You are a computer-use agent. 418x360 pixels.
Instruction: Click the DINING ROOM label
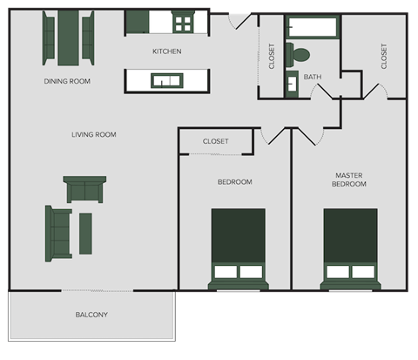[x=67, y=81]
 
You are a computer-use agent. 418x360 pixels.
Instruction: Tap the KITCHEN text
[x=166, y=51]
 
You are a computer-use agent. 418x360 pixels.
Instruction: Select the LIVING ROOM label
[x=93, y=134]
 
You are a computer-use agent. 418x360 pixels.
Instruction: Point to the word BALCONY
[x=91, y=315]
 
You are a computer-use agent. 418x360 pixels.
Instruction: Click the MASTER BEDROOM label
[x=349, y=180]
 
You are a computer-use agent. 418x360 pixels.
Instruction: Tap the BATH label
[x=312, y=77]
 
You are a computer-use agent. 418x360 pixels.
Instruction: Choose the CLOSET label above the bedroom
[x=215, y=141]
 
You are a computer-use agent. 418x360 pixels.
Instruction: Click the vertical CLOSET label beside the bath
[x=272, y=56]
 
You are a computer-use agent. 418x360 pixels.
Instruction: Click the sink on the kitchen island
[x=165, y=81]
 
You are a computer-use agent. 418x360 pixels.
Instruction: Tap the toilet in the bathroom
[x=299, y=54]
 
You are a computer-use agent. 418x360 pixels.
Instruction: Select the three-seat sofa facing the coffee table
[x=59, y=234]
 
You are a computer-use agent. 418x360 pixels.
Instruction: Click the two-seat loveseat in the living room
[x=84, y=188]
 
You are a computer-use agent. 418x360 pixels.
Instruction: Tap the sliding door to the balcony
[x=96, y=290]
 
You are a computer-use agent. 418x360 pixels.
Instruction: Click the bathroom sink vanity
[x=291, y=85]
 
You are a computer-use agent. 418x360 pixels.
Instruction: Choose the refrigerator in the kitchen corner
[x=138, y=22]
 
